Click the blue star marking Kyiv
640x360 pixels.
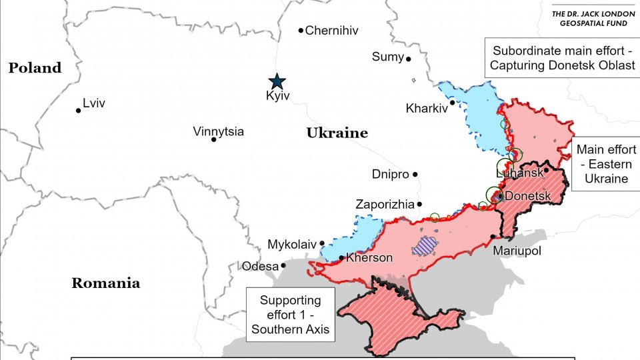tap(277, 81)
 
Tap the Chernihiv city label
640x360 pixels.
tap(331, 30)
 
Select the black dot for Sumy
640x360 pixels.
tap(409, 59)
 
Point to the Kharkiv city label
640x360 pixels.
tap(426, 108)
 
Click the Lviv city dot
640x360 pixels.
tap(79, 110)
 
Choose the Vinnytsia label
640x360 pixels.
tap(218, 131)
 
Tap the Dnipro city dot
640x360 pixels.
tap(415, 175)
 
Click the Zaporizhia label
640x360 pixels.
tap(385, 205)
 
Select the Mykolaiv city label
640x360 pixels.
tap(291, 245)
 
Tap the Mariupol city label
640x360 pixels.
tap(517, 251)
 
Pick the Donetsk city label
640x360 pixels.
tap(528, 197)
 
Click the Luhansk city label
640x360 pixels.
tap(519, 173)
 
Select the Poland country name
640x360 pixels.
tap(35, 67)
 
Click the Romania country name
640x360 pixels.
tap(105, 283)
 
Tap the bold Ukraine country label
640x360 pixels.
tap(337, 133)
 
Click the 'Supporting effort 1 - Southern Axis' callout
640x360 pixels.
tap(290, 315)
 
